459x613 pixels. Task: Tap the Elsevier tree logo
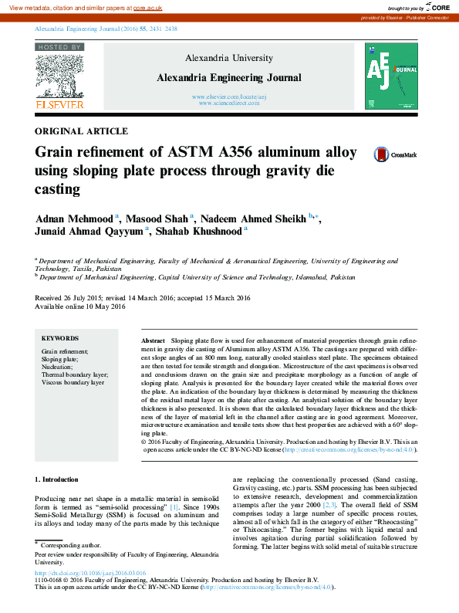tap(59, 76)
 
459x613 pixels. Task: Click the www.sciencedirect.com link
tap(229, 103)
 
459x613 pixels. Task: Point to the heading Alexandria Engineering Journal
tap(229, 78)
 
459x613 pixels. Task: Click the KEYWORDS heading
tap(60, 338)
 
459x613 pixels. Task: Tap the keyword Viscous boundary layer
tap(73, 382)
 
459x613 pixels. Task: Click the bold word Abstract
tap(154, 340)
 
